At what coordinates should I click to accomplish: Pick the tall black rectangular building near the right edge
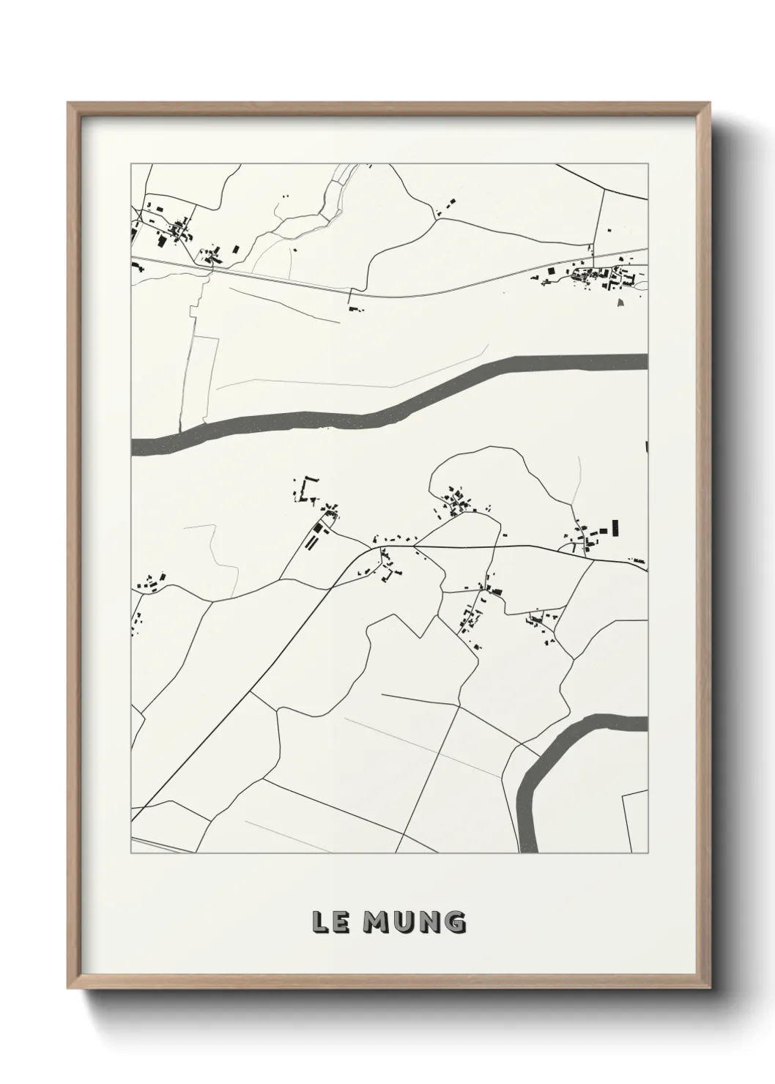pos(615,528)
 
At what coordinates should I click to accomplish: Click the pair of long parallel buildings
pos(316,538)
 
